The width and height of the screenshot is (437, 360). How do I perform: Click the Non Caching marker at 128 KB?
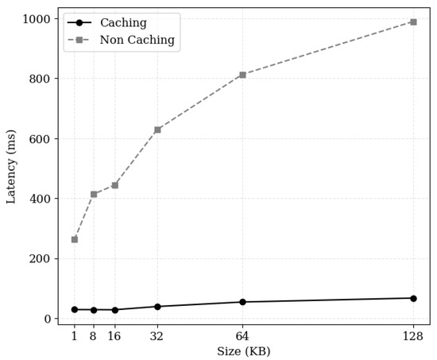(413, 21)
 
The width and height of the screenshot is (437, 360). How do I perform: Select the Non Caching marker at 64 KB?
(242, 75)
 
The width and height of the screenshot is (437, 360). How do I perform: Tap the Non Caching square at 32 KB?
(157, 130)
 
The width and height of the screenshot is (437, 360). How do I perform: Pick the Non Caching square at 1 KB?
(75, 239)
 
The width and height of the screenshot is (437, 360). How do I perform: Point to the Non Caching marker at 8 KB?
(93, 194)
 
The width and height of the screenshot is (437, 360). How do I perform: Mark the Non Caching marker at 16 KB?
(114, 185)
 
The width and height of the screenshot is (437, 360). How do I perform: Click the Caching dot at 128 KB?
(413, 298)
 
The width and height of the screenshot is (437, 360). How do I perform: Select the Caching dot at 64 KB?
(242, 302)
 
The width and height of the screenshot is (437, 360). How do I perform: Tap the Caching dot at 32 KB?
(157, 307)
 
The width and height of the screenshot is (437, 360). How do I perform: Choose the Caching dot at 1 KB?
(75, 310)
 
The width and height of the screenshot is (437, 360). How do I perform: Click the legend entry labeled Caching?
(123, 23)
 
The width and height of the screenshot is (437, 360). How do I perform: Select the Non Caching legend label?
(137, 40)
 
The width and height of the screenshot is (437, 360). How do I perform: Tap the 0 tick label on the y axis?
(48, 319)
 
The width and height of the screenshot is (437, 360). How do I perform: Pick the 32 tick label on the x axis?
(157, 336)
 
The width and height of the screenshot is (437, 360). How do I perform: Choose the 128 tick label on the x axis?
(413, 336)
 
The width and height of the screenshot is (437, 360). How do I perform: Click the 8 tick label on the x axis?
(93, 336)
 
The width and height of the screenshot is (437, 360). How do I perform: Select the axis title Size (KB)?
(244, 351)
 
